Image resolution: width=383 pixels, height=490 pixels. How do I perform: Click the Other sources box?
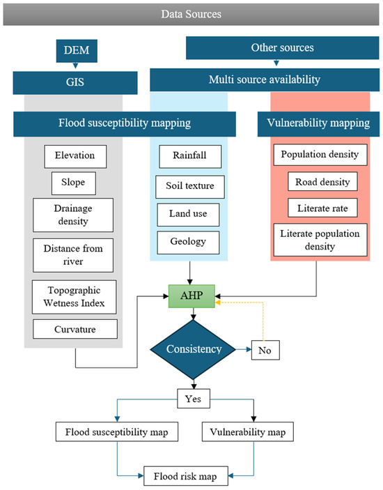[x=283, y=49]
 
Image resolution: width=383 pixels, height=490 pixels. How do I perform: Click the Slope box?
[x=74, y=183]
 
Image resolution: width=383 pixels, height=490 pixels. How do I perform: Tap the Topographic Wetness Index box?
[x=74, y=296]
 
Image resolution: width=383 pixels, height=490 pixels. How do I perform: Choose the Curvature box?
[x=74, y=330]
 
